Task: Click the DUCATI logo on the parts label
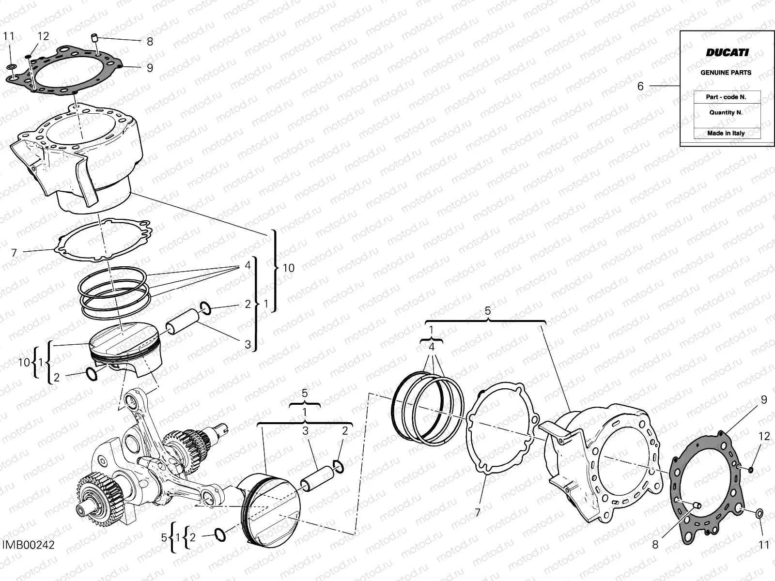pyautogui.click(x=726, y=53)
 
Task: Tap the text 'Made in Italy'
pyautogui.click(x=726, y=133)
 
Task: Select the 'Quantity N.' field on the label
pyautogui.click(x=726, y=112)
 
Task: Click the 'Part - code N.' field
pyautogui.click(x=726, y=97)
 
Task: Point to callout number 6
pyautogui.click(x=640, y=86)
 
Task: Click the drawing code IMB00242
pyautogui.click(x=28, y=545)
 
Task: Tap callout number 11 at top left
pyautogui.click(x=9, y=36)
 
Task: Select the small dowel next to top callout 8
pyautogui.click(x=95, y=36)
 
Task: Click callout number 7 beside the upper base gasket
pyautogui.click(x=14, y=252)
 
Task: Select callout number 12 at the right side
pyautogui.click(x=764, y=436)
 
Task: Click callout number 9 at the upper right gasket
pyautogui.click(x=764, y=399)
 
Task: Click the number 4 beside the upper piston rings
pyautogui.click(x=248, y=265)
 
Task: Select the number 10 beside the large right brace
pyautogui.click(x=288, y=268)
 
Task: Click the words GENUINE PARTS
pyautogui.click(x=726, y=73)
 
